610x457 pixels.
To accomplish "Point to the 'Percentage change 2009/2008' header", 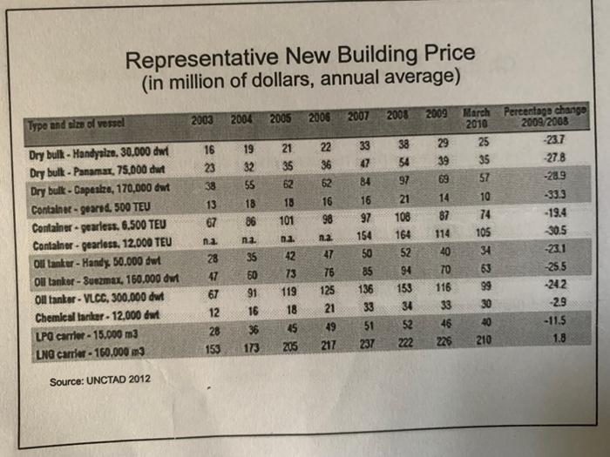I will pos(547,117).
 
